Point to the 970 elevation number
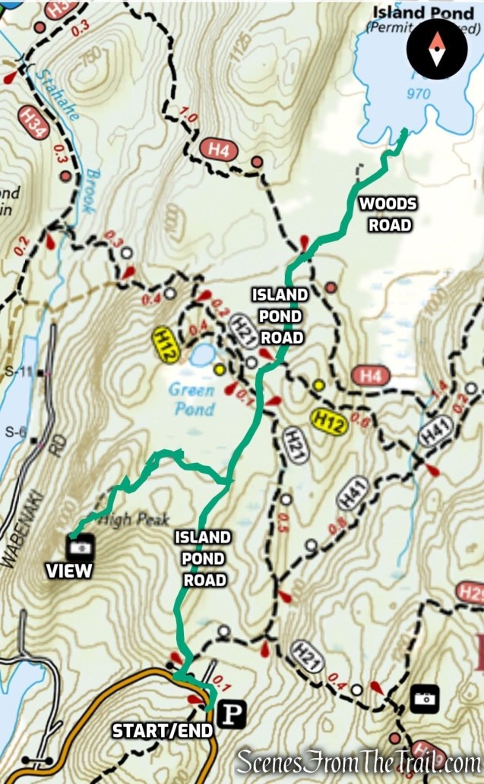(x=419, y=94)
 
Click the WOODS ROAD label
(x=388, y=214)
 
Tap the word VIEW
(x=69, y=571)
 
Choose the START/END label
(x=161, y=731)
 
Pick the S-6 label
(x=15, y=432)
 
